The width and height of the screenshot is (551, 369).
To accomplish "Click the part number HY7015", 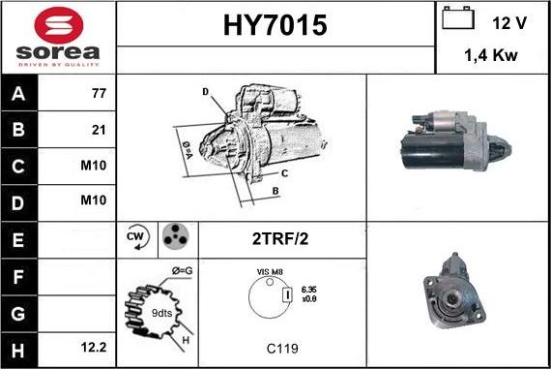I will (275, 25).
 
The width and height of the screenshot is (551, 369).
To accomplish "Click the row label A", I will (18, 95).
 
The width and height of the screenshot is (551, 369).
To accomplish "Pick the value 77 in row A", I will (97, 95).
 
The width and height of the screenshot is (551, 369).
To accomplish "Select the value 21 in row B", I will (97, 130).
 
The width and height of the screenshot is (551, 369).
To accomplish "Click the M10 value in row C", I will (93, 166).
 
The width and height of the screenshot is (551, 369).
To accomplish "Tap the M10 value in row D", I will (93, 200).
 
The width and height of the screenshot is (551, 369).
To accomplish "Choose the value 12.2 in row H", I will (93, 343).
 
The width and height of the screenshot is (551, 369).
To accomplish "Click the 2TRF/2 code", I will (281, 237).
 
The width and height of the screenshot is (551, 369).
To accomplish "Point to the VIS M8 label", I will (270, 273).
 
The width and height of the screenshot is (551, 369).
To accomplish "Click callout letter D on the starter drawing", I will (206, 92).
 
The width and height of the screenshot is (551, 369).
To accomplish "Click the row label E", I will (18, 236).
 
